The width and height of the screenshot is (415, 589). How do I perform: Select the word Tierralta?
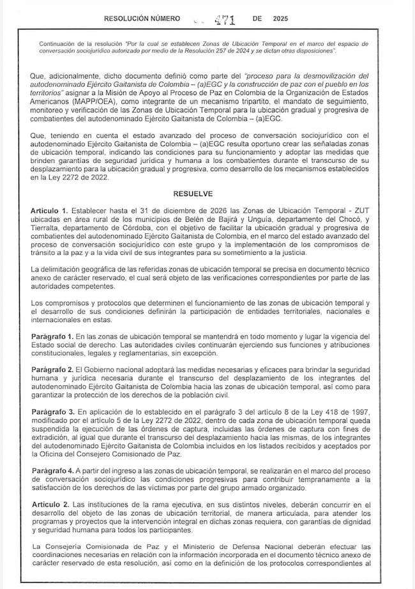49,233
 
